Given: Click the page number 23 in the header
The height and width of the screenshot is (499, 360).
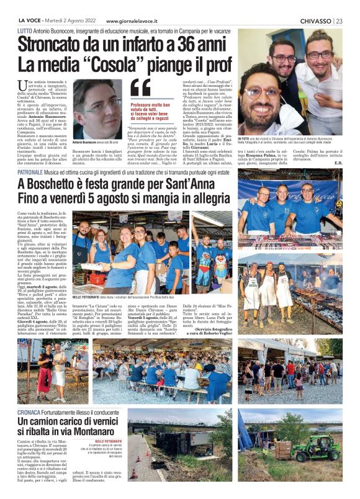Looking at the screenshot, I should coord(339,20).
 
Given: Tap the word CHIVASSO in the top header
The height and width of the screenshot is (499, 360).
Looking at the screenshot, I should coord(315,20).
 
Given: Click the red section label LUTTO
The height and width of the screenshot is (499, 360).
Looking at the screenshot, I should coord(25,31).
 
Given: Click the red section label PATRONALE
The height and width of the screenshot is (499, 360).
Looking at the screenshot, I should coord(30,171).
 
